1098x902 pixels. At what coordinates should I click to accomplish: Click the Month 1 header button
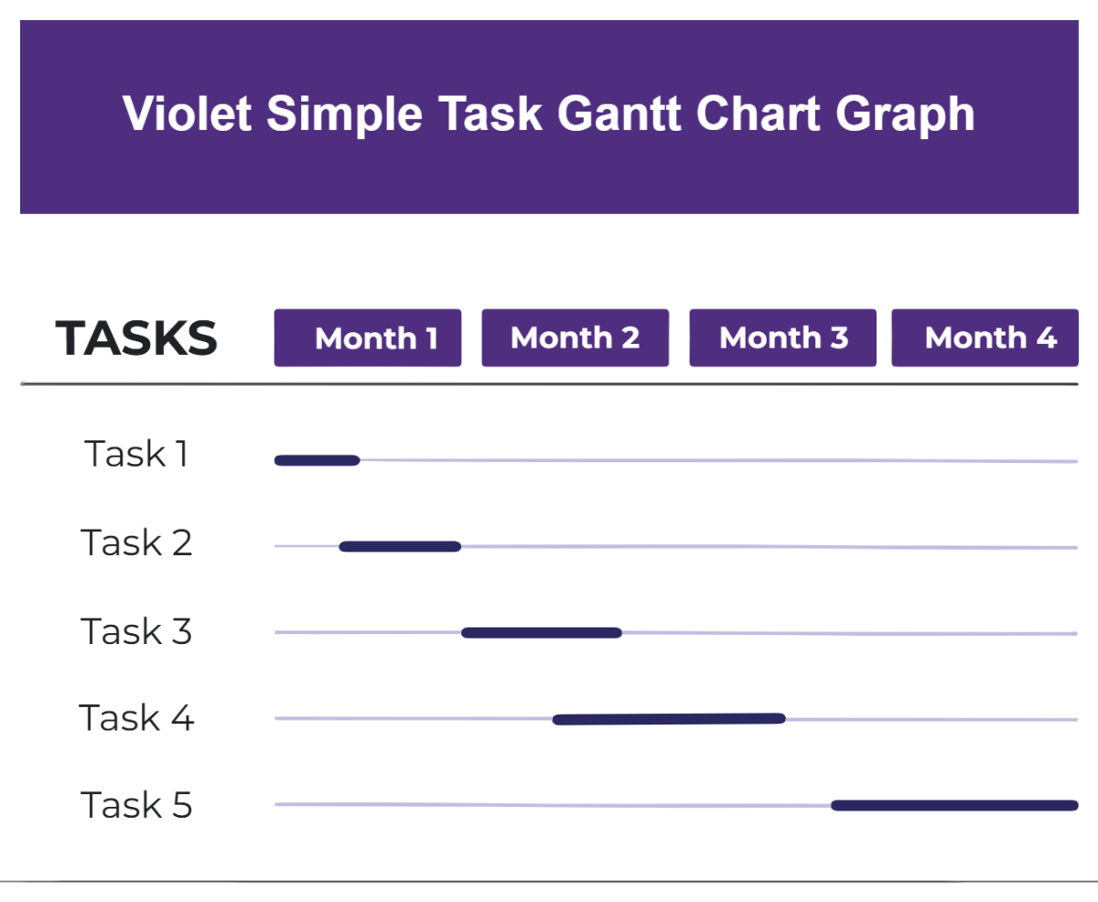367,338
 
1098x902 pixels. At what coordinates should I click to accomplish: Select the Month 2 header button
575,338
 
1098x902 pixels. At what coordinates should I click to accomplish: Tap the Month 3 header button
782,338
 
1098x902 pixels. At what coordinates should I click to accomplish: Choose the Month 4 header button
985,338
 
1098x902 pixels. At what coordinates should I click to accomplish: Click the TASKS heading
136,338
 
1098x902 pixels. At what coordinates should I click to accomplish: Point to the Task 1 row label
136,454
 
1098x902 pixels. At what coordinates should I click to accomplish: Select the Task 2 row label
136,542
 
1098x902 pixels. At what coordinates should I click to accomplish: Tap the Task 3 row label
136,631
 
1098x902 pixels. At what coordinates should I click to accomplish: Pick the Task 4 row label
136,718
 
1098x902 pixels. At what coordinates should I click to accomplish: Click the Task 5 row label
136,805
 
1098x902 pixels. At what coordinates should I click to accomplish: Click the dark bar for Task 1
317,460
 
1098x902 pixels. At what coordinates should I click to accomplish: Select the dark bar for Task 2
400,546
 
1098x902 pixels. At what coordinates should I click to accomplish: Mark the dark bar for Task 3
542,632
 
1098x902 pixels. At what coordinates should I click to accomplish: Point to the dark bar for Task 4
669,719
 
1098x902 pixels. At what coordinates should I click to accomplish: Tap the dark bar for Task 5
954,805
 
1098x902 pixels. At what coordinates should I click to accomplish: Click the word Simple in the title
345,116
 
